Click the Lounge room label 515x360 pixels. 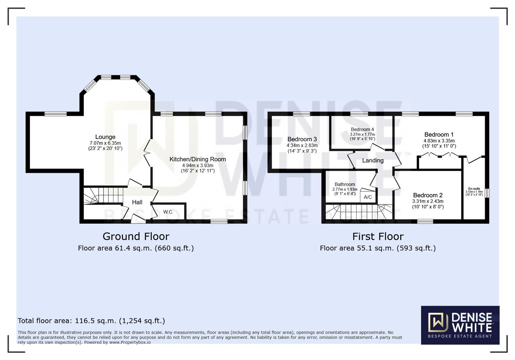point(105,137)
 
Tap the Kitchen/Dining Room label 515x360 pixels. point(197,159)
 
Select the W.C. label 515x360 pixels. point(168,212)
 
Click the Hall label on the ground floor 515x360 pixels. point(137,202)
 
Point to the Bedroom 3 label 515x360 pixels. point(302,139)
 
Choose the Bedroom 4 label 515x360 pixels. point(362,129)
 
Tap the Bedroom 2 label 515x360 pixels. point(428,195)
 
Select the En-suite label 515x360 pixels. point(474,189)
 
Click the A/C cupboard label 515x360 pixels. point(368,197)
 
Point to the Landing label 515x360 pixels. point(373,161)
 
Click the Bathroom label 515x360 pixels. point(345,184)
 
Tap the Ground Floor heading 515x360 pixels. point(136,236)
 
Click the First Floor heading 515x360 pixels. point(378,236)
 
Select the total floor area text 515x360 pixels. point(91,321)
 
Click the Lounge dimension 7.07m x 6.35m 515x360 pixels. point(105,143)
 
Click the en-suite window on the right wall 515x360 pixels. point(487,193)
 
